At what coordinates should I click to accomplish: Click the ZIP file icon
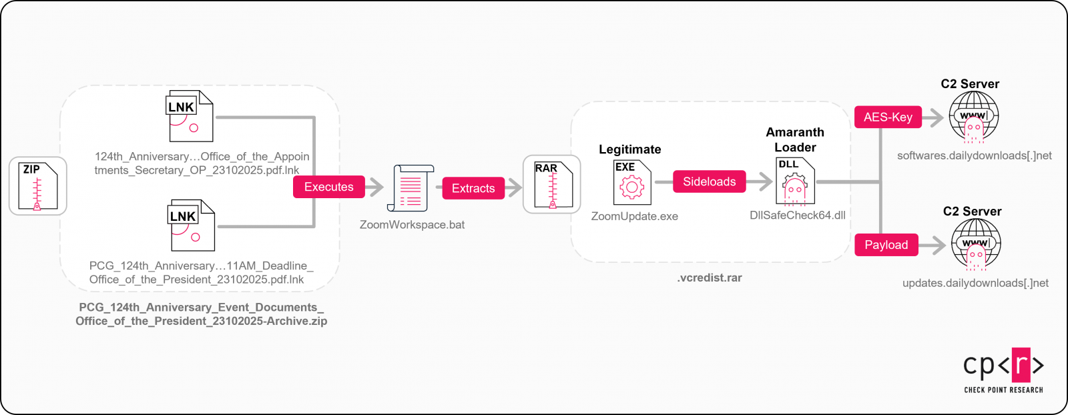[37, 186]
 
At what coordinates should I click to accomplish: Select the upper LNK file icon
[190, 116]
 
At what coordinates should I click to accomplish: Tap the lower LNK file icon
[191, 226]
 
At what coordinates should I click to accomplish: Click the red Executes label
[329, 187]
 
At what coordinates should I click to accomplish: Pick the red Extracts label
[473, 188]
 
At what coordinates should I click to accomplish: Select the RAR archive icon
[552, 185]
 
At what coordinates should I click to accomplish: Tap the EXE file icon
[631, 182]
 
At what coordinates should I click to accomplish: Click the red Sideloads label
[709, 181]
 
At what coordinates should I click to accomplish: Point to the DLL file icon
[794, 181]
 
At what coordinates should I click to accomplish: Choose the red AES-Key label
[888, 117]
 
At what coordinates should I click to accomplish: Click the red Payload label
[886, 245]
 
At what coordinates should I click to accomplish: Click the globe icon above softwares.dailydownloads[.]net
[974, 116]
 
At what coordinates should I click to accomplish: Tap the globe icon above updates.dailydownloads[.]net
[976, 244]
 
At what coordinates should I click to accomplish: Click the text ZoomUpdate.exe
[634, 216]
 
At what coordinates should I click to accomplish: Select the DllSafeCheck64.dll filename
[797, 215]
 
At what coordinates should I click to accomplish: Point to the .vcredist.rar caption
[709, 278]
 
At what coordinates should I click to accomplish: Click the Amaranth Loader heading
[794, 139]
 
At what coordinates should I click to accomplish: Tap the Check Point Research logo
[1003, 370]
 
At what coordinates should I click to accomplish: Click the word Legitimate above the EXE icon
[629, 149]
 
